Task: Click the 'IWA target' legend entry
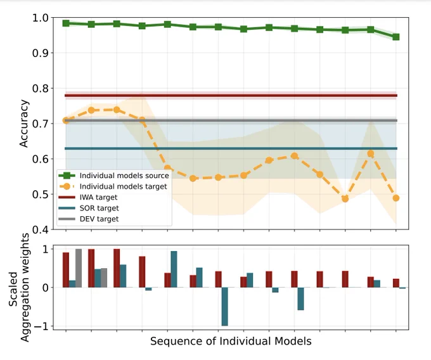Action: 88,197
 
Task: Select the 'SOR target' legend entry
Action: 89,208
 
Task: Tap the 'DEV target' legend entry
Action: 89,219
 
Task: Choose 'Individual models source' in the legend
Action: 114,176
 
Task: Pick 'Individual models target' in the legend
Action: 113,186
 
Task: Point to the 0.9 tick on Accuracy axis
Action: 42,53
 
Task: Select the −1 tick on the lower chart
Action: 41,326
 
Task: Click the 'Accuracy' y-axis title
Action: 24,124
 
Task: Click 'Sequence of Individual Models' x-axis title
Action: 231,342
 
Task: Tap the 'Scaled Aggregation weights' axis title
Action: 18,288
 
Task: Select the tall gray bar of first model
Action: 79,268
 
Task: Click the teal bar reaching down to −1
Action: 225,307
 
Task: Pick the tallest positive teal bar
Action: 174,269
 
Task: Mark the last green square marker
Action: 396,37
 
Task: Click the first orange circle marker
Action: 66,120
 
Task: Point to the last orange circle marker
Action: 396,198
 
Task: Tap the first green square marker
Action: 66,23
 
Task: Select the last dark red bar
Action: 396,283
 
